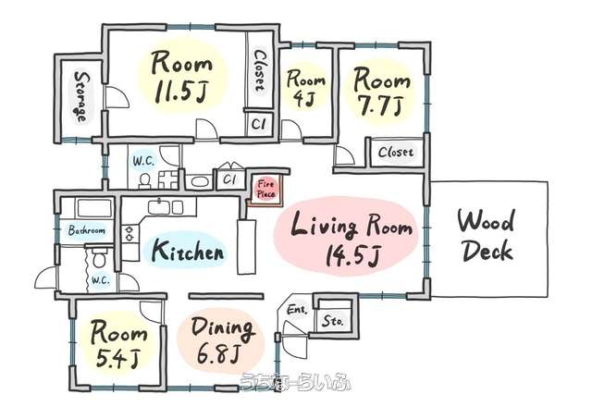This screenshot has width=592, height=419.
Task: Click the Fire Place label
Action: pos(265,190)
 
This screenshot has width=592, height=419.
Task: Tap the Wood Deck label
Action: pos(487,236)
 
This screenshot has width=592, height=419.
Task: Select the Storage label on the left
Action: pos(80,96)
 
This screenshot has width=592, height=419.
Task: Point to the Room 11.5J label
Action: pos(181,78)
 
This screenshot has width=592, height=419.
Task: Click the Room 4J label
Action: pos(305,88)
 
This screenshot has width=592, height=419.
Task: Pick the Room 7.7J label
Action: pos(381,92)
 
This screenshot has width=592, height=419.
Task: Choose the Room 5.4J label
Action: pos(118,344)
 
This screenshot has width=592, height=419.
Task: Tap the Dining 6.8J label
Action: pos(222,341)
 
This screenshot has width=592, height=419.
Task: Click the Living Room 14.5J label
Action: pos(351,239)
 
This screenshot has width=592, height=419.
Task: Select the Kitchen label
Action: pos(188,251)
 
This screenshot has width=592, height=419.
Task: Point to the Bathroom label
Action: pos(87,230)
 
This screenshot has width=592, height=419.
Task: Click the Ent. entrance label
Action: pos(297,310)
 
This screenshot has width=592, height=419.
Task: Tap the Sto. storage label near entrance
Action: pos(333,321)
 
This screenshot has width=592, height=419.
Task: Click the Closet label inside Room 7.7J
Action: pos(396,152)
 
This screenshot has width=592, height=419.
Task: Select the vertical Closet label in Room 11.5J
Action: pos(259,71)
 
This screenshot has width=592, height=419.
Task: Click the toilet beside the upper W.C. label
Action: pos(144,180)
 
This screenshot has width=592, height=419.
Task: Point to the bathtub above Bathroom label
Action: pos(94,208)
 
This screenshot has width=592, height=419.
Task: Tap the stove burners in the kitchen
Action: pos(129,233)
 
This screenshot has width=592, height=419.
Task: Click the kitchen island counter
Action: pos(247,246)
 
